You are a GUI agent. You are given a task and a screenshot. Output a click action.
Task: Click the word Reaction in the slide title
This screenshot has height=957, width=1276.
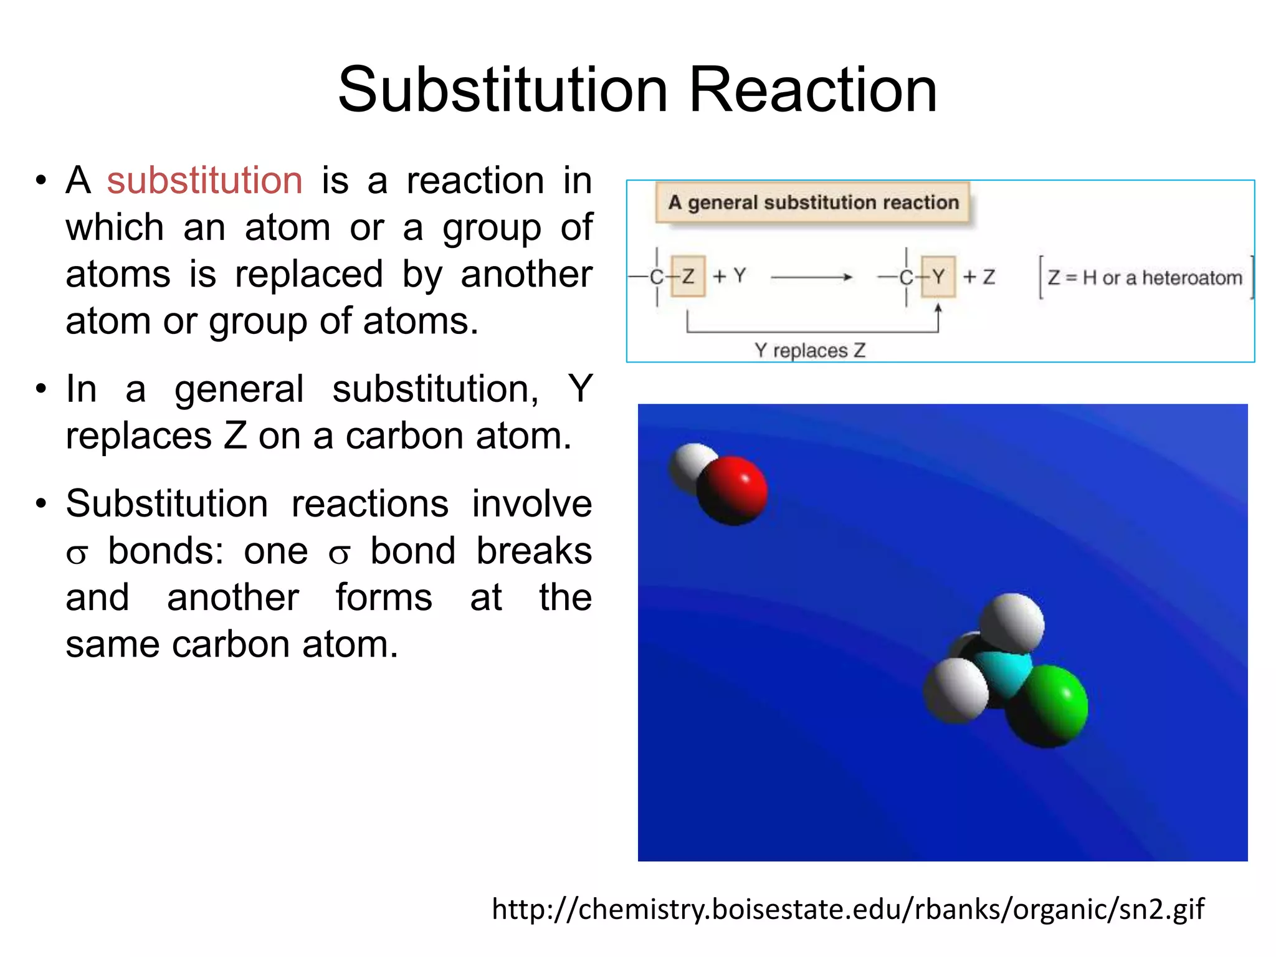(x=812, y=90)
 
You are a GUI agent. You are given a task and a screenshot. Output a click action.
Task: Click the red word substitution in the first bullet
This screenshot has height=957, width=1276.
(x=204, y=181)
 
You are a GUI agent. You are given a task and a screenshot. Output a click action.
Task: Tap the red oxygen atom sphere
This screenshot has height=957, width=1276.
(x=733, y=490)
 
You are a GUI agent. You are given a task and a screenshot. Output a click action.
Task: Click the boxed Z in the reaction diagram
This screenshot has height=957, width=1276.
(x=688, y=276)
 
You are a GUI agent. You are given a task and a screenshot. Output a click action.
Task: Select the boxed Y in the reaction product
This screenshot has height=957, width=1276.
(x=938, y=276)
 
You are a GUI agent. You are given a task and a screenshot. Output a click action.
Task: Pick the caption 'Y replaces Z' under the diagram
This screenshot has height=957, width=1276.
(x=810, y=350)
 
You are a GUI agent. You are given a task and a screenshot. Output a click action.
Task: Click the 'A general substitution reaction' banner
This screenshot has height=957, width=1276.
(x=812, y=202)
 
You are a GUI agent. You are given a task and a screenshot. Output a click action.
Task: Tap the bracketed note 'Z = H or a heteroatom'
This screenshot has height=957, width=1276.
(x=1145, y=277)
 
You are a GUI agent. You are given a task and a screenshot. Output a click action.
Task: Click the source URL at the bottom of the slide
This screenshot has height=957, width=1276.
(x=847, y=909)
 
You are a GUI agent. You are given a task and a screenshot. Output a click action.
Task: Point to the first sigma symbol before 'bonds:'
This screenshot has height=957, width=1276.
(x=77, y=553)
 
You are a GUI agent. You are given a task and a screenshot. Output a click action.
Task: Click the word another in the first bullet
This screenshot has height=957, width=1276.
(x=526, y=274)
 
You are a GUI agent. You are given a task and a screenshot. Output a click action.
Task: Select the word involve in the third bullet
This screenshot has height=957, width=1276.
(x=531, y=503)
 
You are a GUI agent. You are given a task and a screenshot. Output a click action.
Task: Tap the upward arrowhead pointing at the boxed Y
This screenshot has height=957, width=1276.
(x=938, y=308)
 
